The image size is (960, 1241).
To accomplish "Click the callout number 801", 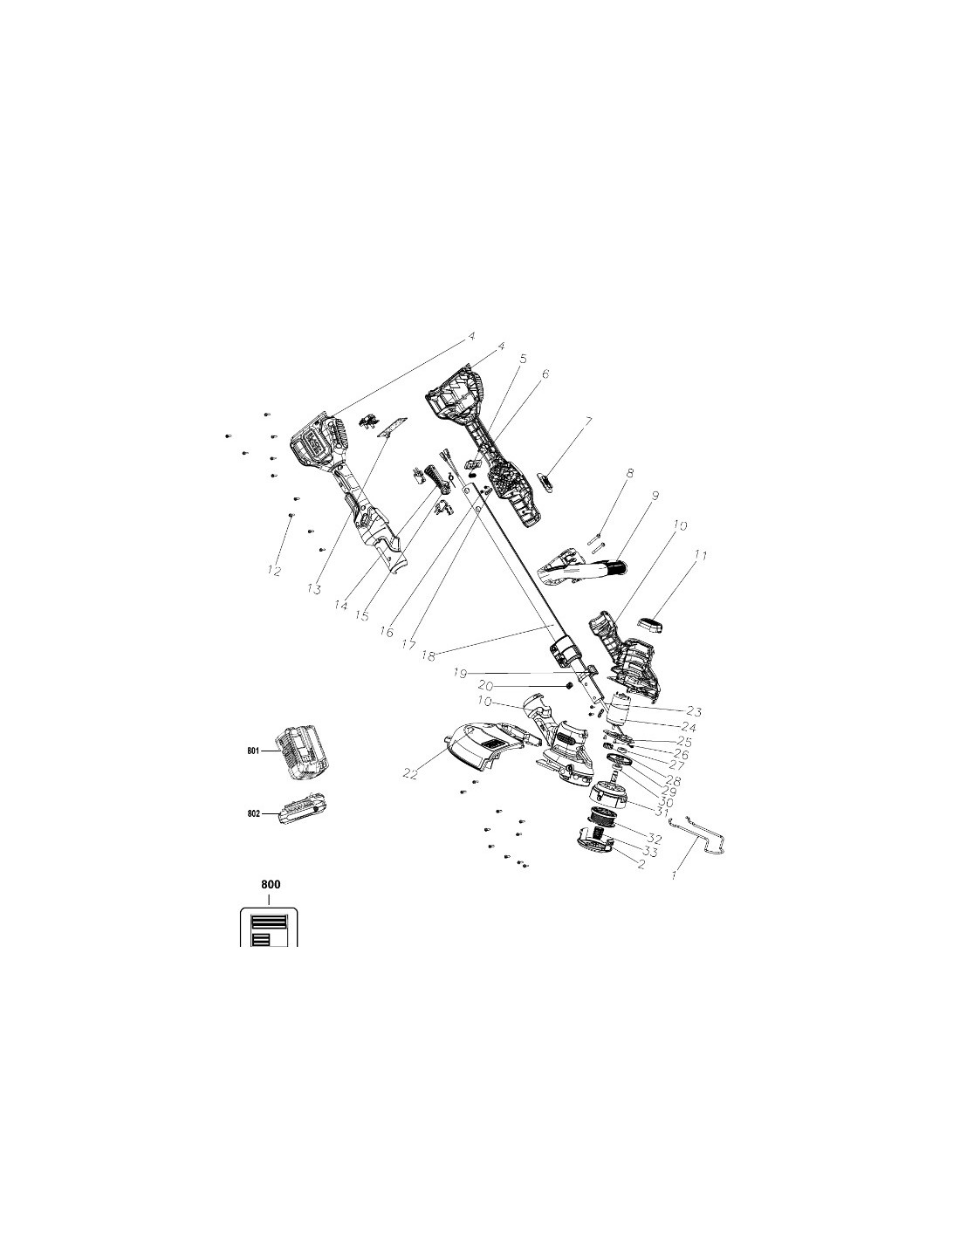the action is [x=254, y=751].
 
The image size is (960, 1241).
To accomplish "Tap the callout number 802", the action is [x=254, y=813].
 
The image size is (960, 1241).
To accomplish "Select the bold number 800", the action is [x=271, y=884].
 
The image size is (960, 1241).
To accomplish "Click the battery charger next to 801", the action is [x=303, y=752].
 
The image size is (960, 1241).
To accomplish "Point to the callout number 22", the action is [x=410, y=774].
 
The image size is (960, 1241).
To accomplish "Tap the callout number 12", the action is [x=275, y=570].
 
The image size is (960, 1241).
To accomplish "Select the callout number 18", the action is [x=429, y=656].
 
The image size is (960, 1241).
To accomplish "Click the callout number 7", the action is [x=589, y=422].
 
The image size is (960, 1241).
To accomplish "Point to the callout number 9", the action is [x=655, y=496].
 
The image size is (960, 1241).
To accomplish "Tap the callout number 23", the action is [x=695, y=711].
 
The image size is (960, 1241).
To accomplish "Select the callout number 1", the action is [x=675, y=874].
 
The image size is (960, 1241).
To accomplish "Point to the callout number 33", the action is [x=650, y=853].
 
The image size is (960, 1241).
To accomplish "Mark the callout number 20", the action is [x=485, y=686].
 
